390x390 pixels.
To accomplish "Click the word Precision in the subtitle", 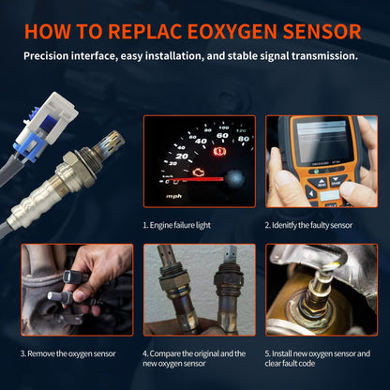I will pyautogui.click(x=52, y=56).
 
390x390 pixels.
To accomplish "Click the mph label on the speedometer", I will pyautogui.click(x=173, y=197).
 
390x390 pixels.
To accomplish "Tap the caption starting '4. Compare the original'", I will pyautogui.click(x=195, y=358).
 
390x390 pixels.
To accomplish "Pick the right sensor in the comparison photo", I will pyautogui.click(x=222, y=291).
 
